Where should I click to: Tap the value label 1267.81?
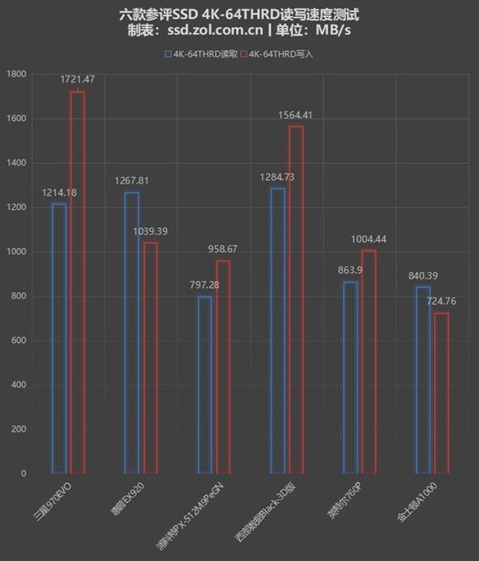[130, 180]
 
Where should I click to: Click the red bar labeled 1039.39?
[150, 358]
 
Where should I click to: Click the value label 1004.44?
[369, 239]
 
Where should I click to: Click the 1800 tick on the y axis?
[16, 74]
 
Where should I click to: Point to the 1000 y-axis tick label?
[16, 252]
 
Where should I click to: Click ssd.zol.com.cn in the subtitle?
[213, 31]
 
